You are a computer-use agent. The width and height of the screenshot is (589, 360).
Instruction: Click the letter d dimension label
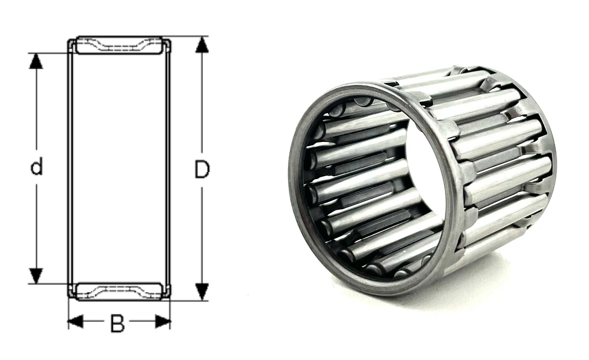[x=37, y=168]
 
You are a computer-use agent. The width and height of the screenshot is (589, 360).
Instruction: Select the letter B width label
[x=118, y=323]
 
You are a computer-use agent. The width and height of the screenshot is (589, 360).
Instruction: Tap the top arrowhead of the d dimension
[x=37, y=60]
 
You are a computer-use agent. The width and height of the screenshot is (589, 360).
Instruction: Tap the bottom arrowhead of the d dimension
[x=37, y=276]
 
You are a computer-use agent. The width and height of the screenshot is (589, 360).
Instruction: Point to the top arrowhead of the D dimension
[x=202, y=45]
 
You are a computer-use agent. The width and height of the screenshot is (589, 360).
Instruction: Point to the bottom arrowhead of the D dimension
[x=202, y=291]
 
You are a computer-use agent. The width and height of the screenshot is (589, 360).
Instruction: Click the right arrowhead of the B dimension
[x=163, y=322]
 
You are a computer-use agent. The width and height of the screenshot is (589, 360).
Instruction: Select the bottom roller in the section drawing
[x=119, y=290]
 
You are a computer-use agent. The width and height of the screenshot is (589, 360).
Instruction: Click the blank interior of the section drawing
[x=119, y=168]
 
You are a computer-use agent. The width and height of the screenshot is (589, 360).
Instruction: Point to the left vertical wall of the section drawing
[x=70, y=168]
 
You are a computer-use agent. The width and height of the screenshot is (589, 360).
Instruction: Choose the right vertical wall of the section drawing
[x=168, y=168]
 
